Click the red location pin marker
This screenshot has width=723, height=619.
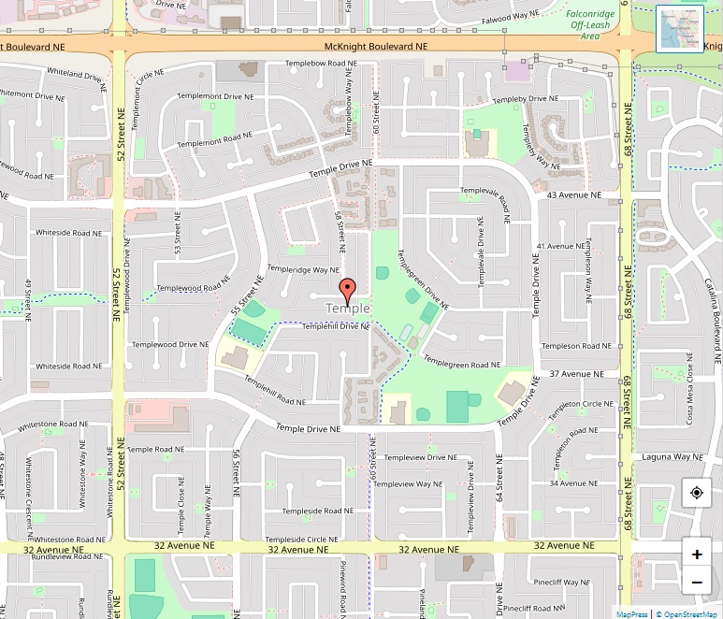tap(347, 290)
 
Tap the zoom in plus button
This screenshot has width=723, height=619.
tap(697, 554)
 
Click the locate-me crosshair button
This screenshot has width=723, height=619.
tap(697, 493)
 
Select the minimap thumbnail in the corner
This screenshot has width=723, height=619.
tap(680, 29)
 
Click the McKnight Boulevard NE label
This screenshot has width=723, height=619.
tap(375, 46)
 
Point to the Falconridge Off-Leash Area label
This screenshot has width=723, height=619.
tap(591, 22)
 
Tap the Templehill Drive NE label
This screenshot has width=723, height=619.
tap(336, 326)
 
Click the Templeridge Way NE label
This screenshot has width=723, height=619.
tap(303, 269)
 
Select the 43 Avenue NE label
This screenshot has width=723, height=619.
tap(571, 195)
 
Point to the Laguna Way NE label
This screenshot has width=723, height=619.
tap(672, 456)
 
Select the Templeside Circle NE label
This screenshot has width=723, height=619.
tap(301, 540)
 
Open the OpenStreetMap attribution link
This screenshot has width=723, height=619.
tap(688, 614)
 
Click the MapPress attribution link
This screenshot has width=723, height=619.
tap(631, 614)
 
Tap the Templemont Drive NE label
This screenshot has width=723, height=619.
tap(215, 96)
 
